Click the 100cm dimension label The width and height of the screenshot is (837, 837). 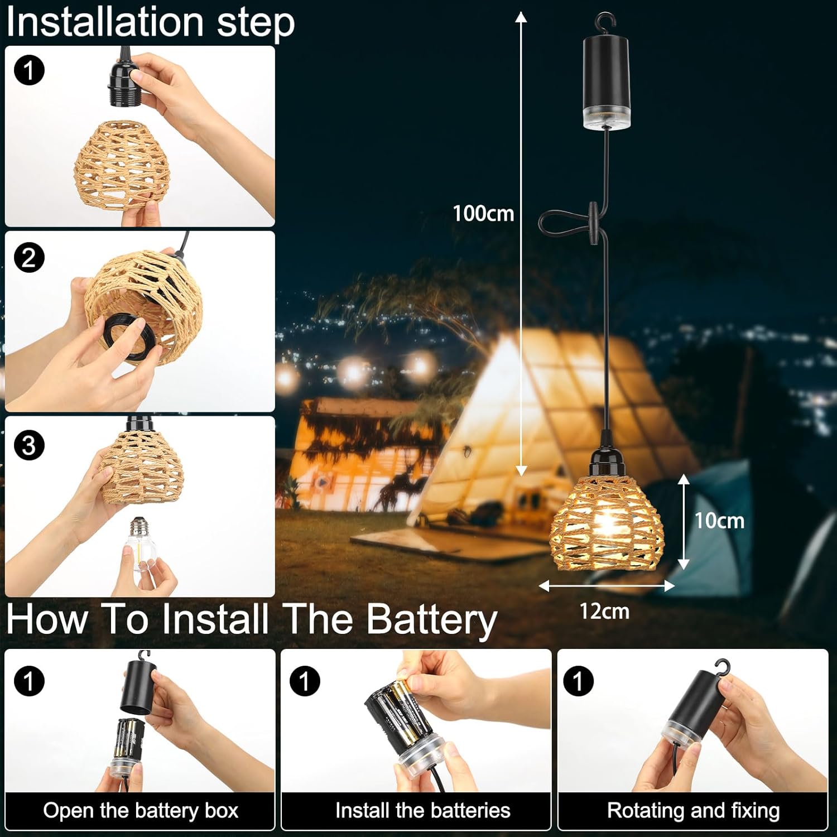(483, 214)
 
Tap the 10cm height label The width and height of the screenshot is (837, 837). (719, 521)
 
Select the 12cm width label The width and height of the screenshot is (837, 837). (604, 611)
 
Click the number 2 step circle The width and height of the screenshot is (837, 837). (28, 258)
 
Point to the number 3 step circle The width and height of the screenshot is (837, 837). (28, 445)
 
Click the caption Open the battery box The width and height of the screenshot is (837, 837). (141, 811)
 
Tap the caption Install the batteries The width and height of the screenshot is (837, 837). (423, 811)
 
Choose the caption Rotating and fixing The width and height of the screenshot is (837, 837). (693, 811)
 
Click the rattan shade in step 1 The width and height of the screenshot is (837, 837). (122, 165)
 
